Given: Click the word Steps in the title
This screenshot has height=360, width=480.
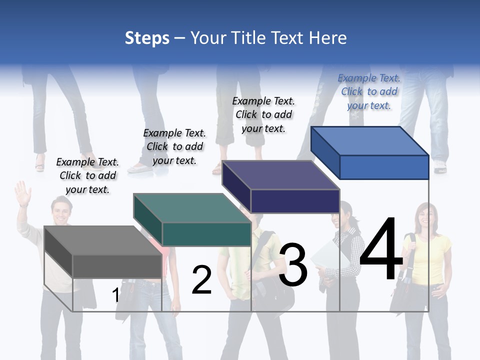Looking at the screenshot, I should coord(147,38).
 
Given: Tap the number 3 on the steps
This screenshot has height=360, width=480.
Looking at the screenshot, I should coord(293,265).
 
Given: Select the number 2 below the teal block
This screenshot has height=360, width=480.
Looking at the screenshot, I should coord(201,280).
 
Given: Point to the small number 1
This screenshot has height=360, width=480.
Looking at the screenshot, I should coord(115,295).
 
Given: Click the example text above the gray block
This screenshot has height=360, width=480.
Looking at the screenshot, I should coord(87,175).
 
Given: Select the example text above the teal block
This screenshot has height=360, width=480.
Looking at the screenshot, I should coord(174,146).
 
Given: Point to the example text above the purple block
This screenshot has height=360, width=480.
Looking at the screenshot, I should coord(263,114).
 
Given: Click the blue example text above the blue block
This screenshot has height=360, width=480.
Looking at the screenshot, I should coord(369,91).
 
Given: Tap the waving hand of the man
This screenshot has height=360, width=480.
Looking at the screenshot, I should coord(22,192).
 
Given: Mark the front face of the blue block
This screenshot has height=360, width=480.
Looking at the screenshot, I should coord(384,167).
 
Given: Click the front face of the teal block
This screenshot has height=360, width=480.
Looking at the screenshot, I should coord(206,234).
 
